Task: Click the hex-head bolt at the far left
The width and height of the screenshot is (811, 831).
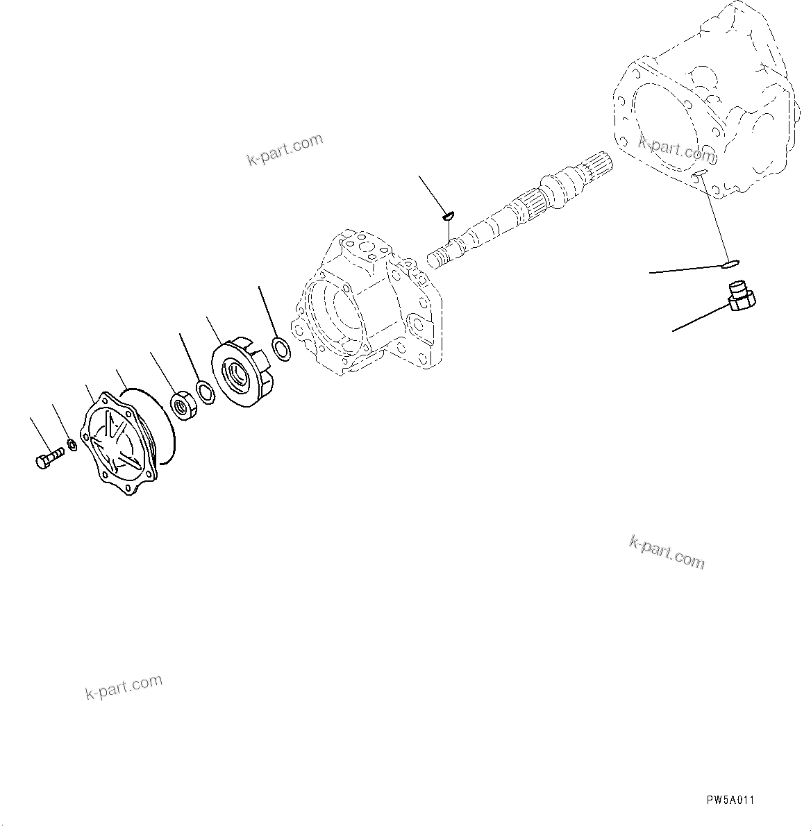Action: (x=47, y=458)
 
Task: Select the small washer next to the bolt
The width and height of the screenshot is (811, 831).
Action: (x=72, y=444)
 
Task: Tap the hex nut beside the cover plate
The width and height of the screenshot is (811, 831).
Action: (x=183, y=405)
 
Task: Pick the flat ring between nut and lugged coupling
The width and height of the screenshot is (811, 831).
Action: (x=206, y=392)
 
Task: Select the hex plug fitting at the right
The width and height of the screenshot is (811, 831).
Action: (x=741, y=295)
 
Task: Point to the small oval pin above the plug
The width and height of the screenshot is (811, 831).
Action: (x=730, y=263)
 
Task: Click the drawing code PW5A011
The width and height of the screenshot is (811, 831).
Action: (x=730, y=800)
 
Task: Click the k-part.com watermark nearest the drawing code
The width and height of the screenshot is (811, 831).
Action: (x=667, y=551)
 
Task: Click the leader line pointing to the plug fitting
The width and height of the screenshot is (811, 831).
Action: (x=698, y=318)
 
